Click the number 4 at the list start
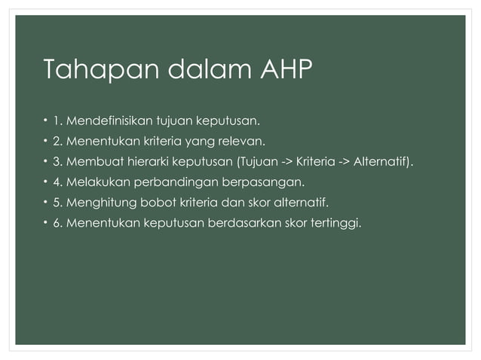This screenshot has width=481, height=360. click(x=57, y=182)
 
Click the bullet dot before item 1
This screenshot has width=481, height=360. click(x=44, y=120)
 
